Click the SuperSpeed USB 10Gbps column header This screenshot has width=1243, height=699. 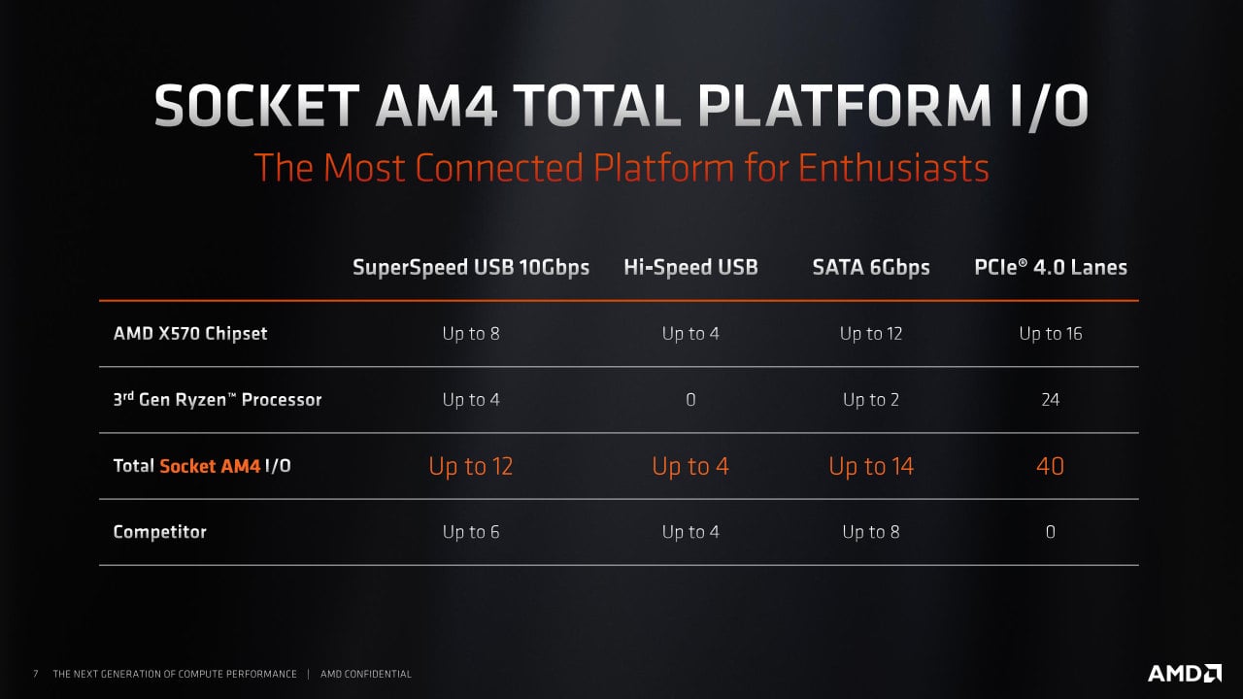point(471,267)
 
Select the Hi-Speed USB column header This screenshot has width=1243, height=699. point(690,267)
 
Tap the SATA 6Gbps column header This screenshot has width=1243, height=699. point(871,267)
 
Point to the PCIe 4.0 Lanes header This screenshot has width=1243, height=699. point(1051,267)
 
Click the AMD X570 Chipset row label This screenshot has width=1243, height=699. point(190,333)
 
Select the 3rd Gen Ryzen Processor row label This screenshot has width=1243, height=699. point(218,399)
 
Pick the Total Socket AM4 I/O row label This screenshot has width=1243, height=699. point(202,466)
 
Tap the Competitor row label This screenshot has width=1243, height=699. point(160,532)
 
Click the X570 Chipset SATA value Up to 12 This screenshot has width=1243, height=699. point(871,334)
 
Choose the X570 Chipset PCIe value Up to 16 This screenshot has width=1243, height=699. point(1051,334)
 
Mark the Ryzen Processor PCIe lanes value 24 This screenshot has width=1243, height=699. point(1050,400)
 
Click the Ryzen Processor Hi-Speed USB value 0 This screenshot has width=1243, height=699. point(690,400)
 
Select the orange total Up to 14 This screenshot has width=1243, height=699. point(871,467)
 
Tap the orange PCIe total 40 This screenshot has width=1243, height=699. point(1050,467)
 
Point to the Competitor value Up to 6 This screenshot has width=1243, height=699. point(471,532)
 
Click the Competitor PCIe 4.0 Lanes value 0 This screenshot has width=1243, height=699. point(1050,532)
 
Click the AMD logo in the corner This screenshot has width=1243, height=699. point(1185,673)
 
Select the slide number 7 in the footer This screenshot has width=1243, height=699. point(36,674)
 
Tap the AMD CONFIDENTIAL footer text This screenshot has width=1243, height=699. point(366,674)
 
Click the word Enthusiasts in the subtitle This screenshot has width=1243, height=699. point(893,168)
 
